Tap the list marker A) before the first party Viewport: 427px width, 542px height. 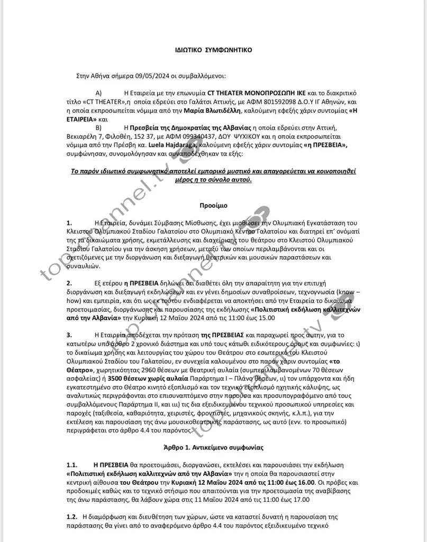(98, 93)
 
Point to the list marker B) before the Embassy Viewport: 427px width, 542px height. (98, 128)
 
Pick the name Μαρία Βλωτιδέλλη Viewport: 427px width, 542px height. (212, 111)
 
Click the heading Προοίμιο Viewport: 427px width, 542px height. (213, 204)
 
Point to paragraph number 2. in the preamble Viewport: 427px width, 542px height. (69, 283)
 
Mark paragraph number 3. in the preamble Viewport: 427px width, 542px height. (69, 335)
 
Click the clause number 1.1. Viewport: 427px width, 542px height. (72, 464)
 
